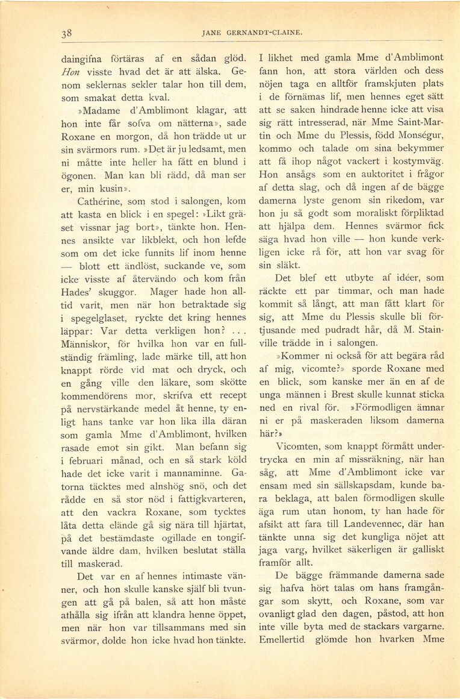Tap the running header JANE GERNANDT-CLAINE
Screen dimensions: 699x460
[250, 33]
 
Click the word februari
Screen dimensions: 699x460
[90, 462]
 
